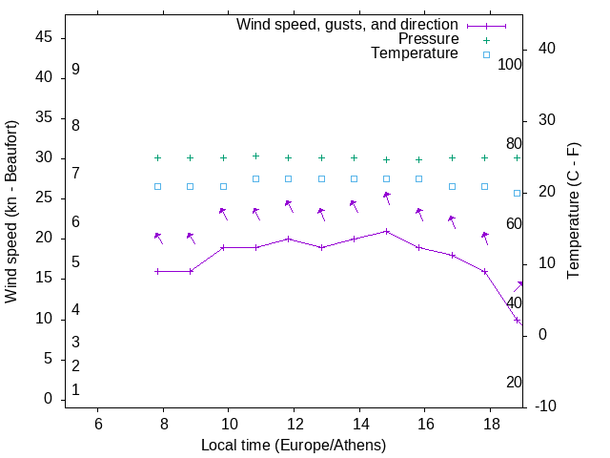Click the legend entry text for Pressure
(428, 39)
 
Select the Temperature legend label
(415, 54)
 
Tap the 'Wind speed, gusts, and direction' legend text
(347, 24)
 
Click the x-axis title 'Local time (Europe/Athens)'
(294, 445)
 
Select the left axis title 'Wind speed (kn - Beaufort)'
(11, 212)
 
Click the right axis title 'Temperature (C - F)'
(573, 212)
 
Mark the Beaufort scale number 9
(75, 70)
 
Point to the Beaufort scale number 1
(75, 389)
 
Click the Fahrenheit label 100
(510, 65)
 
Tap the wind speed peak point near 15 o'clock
(386, 231)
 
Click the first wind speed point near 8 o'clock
(158, 271)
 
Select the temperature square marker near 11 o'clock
(255, 178)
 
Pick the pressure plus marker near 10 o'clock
(223, 158)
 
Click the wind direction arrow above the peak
(387, 198)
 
